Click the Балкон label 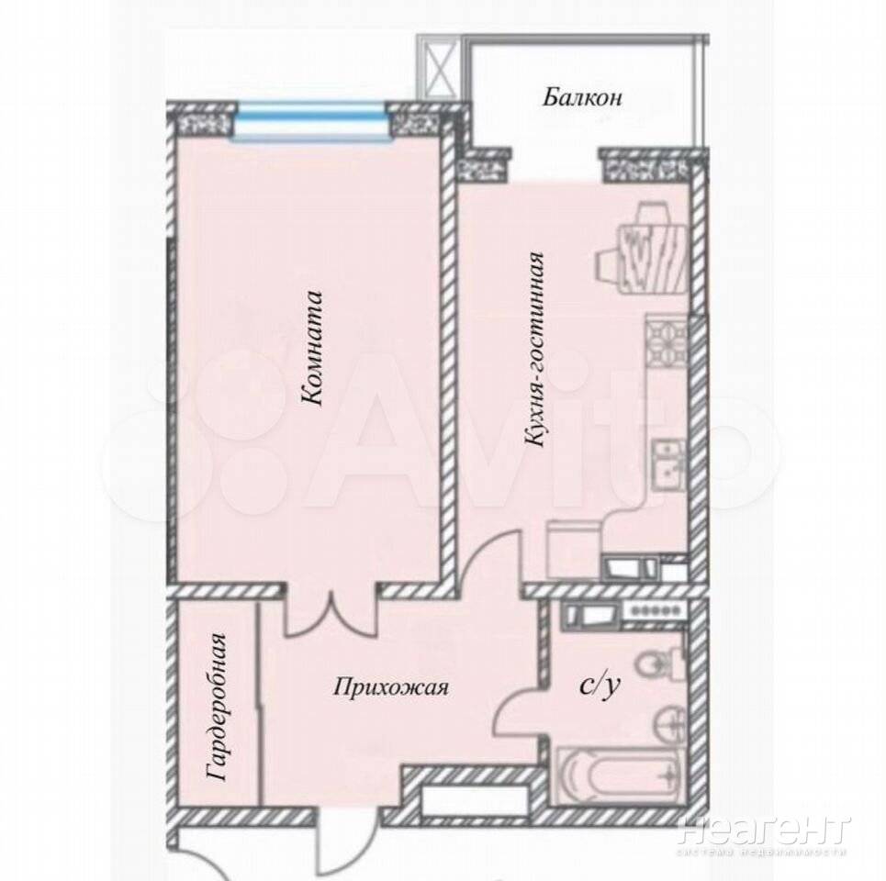[x=582, y=96]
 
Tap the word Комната [x=311, y=349]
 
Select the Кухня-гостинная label [x=534, y=351]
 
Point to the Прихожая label [x=391, y=687]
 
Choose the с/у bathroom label [x=600, y=685]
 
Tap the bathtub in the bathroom [x=621, y=775]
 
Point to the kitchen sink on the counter [x=669, y=464]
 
